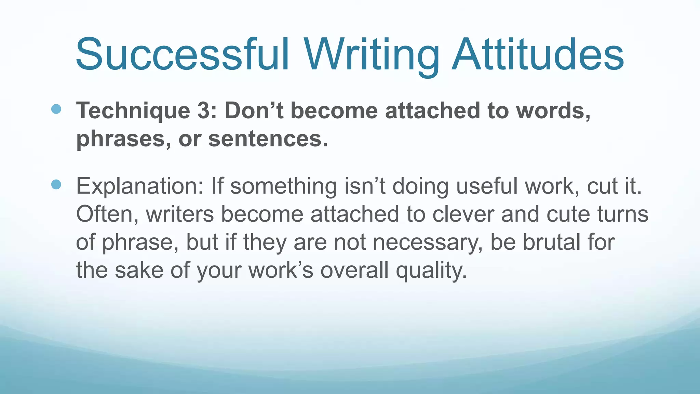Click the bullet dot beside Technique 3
click(56, 109)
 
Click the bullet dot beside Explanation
click(56, 185)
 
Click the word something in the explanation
click(284, 186)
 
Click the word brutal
click(552, 242)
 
